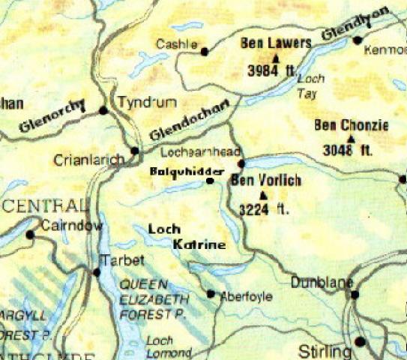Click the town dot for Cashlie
pyautogui.click(x=205, y=51)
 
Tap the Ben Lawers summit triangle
pyautogui.click(x=276, y=57)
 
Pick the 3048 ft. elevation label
pyautogui.click(x=348, y=150)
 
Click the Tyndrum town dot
pyautogui.click(x=103, y=110)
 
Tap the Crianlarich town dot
pyautogui.click(x=135, y=151)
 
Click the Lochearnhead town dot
pyautogui.click(x=241, y=163)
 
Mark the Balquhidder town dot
pyautogui.click(x=210, y=181)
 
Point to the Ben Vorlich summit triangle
pyautogui.click(x=262, y=194)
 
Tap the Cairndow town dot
pyautogui.click(x=30, y=235)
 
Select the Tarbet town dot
pyautogui.click(x=96, y=271)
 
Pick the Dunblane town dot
pyautogui.click(x=355, y=295)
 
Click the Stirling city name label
pyautogui.click(x=325, y=351)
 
